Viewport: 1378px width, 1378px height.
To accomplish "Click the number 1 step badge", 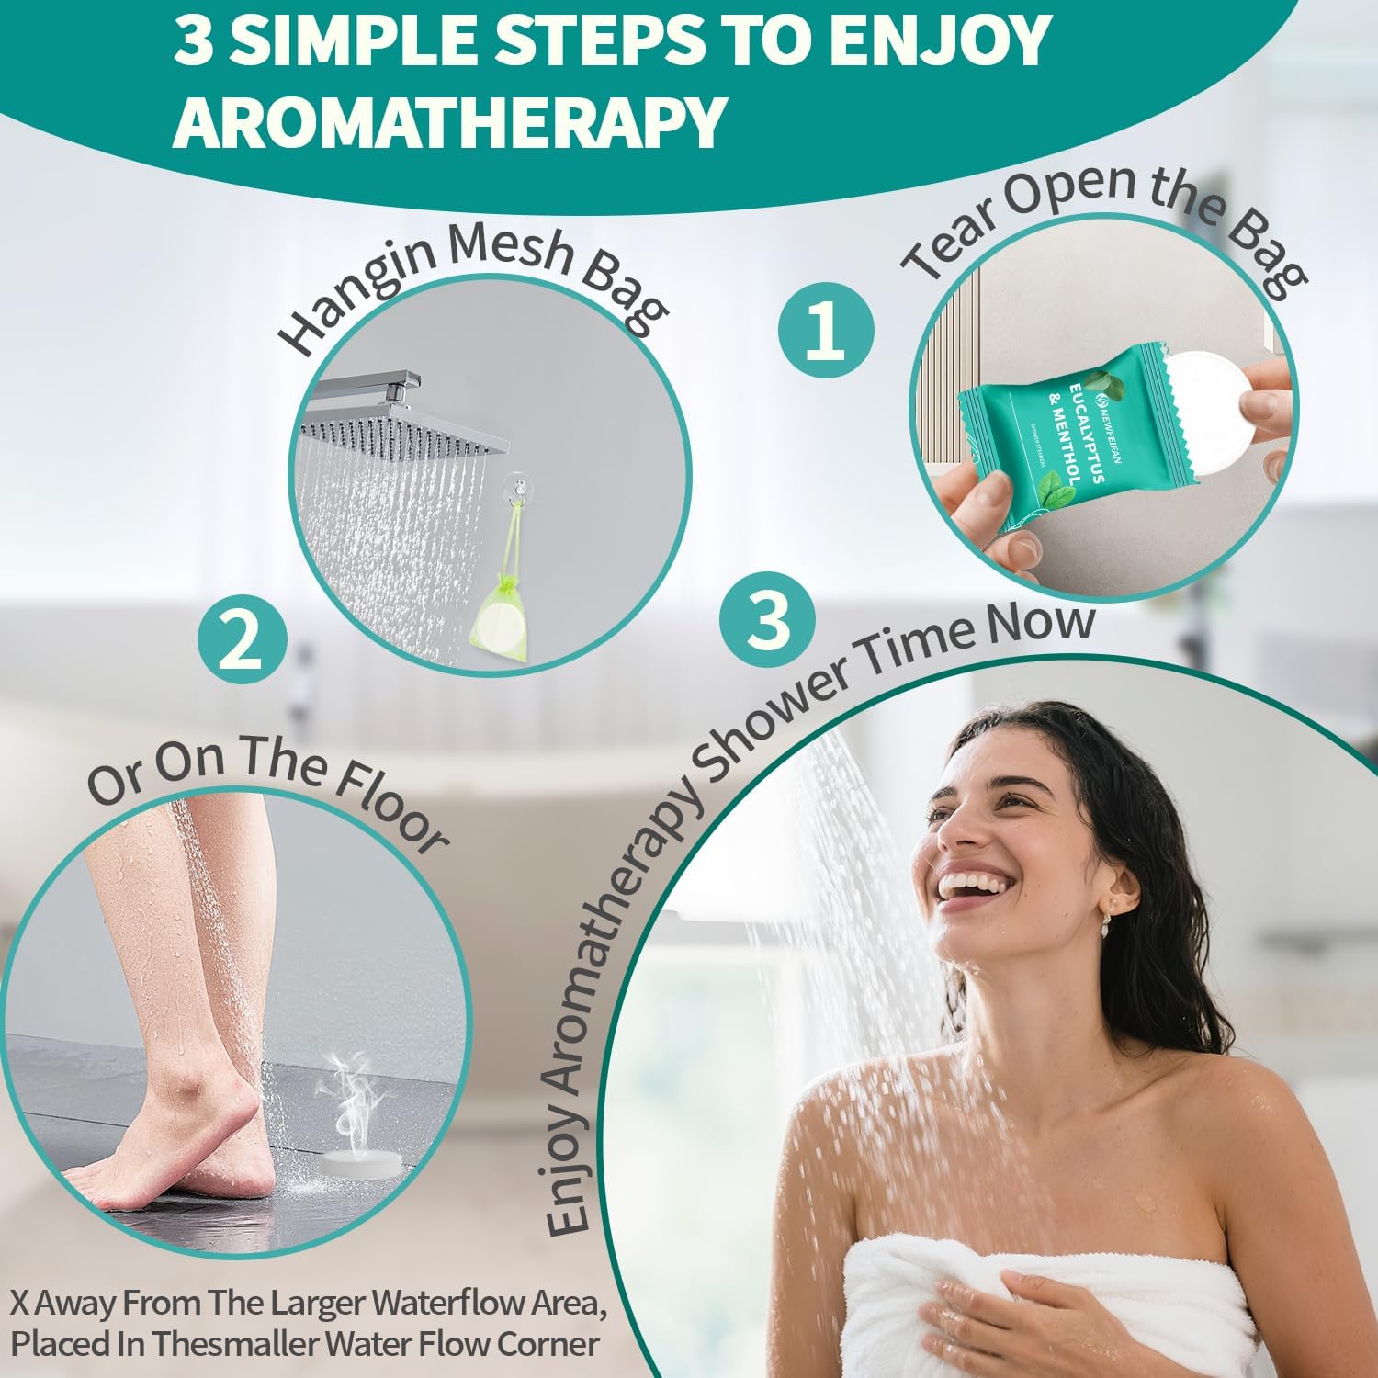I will tap(825, 331).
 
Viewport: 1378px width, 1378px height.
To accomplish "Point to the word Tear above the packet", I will tap(946, 239).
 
